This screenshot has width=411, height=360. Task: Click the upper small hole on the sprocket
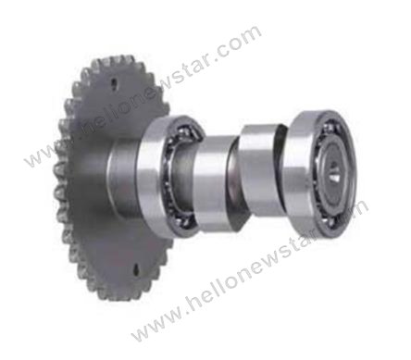(x=114, y=83)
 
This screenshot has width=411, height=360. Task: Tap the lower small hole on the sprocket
(x=136, y=269)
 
